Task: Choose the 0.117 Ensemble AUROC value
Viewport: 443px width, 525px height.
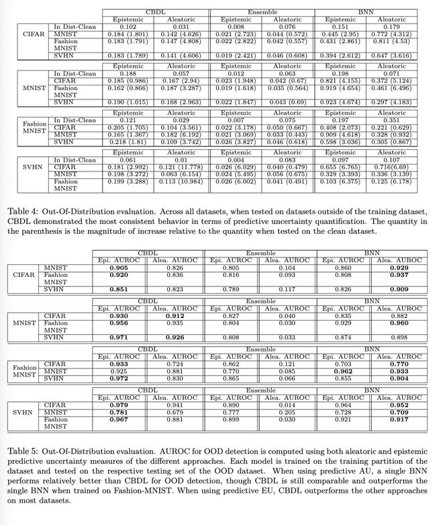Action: (287, 290)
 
